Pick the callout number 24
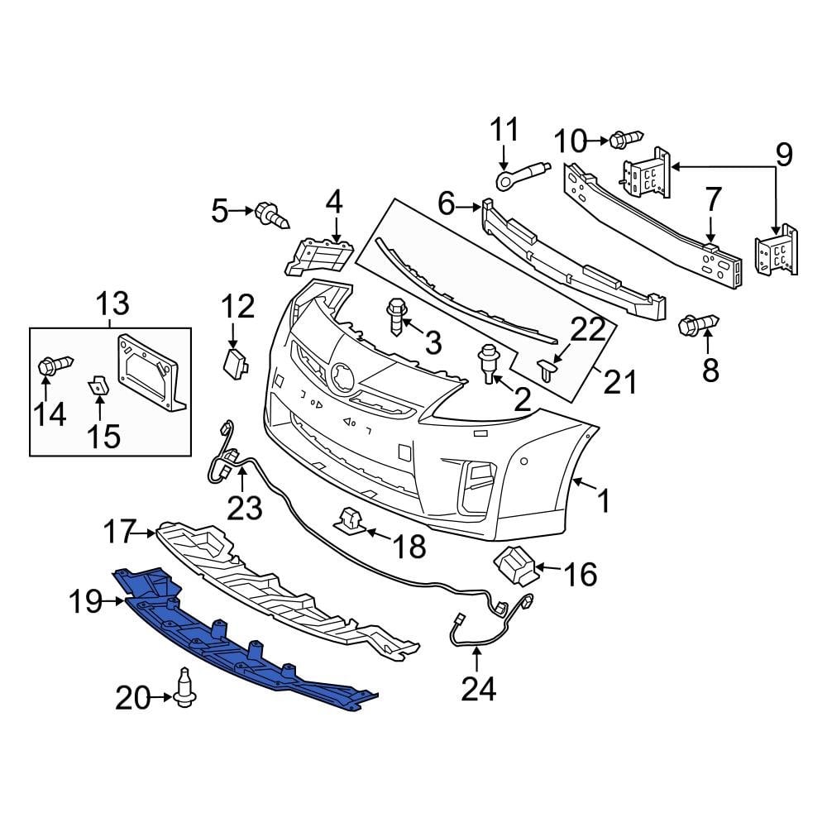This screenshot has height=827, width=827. tap(477, 688)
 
